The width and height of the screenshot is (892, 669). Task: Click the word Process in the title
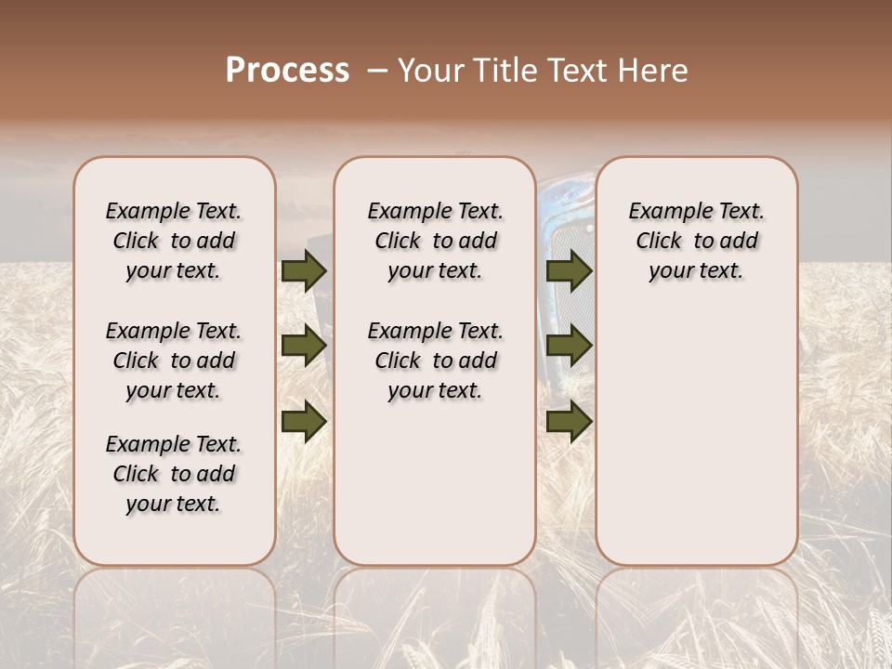click(287, 71)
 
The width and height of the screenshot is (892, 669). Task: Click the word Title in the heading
click(499, 71)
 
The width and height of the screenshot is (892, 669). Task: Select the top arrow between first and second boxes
click(303, 270)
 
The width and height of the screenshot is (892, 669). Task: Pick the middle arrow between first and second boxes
click(303, 347)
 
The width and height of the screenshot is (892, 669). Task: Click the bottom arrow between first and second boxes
click(303, 421)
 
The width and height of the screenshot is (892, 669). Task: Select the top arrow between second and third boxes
click(569, 270)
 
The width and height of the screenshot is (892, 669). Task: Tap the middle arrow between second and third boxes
click(569, 347)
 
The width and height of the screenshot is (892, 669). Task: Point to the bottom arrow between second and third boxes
click(569, 421)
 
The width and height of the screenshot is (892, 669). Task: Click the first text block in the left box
click(174, 241)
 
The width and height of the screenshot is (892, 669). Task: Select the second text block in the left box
click(174, 361)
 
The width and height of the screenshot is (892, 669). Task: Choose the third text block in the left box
click(174, 474)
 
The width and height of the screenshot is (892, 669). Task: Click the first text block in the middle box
click(435, 241)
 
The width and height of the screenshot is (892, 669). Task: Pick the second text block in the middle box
click(435, 361)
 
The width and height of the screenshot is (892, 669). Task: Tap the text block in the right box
click(696, 241)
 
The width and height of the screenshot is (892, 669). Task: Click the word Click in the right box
click(659, 241)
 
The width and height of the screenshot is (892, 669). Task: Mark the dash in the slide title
click(377, 71)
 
